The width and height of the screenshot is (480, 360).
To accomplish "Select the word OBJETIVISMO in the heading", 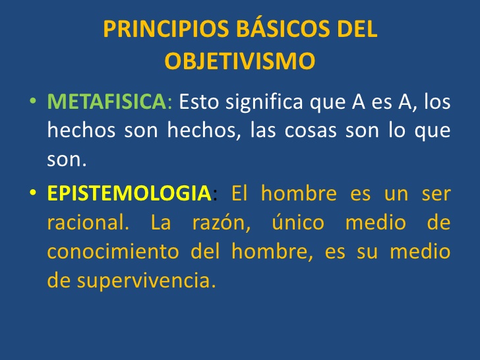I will coord(239,61).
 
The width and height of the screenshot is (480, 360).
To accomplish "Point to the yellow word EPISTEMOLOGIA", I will coord(128,194).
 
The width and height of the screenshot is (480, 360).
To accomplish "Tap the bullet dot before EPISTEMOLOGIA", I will coord(33,195).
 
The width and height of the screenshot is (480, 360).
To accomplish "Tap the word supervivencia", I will coord(146,281).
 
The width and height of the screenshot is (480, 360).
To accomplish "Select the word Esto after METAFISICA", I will coord(198,102).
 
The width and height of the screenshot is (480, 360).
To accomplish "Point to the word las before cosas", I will coord(264,131).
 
